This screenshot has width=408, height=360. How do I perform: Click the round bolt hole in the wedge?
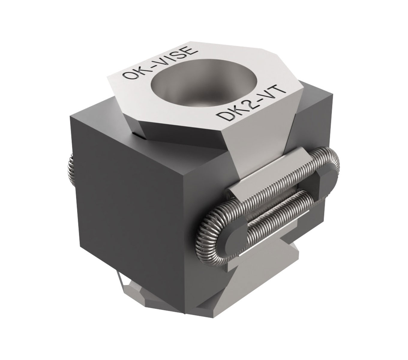pyautogui.click(x=204, y=83)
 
